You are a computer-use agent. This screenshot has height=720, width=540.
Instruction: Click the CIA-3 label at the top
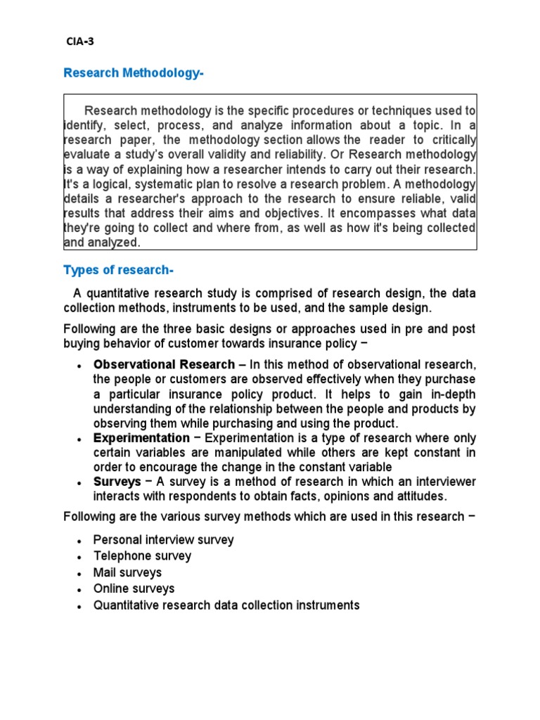pos(79,41)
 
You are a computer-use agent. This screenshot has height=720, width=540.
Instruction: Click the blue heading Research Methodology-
pos(134,72)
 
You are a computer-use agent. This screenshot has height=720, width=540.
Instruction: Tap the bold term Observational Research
pos(165,364)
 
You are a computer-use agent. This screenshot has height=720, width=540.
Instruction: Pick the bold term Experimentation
pos(141,438)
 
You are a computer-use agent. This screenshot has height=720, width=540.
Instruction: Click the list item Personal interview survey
pos(163,540)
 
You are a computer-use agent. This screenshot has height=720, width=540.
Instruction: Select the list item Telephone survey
pos(142,556)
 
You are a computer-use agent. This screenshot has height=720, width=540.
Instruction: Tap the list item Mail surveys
pos(127,572)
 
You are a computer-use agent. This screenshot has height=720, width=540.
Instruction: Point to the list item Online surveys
pos(134,589)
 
